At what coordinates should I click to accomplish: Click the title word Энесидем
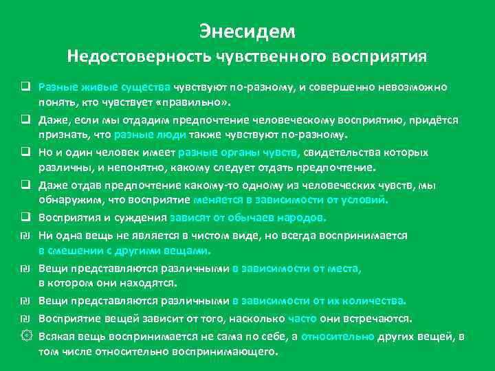(247, 31)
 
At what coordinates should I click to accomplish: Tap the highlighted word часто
(302, 319)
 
